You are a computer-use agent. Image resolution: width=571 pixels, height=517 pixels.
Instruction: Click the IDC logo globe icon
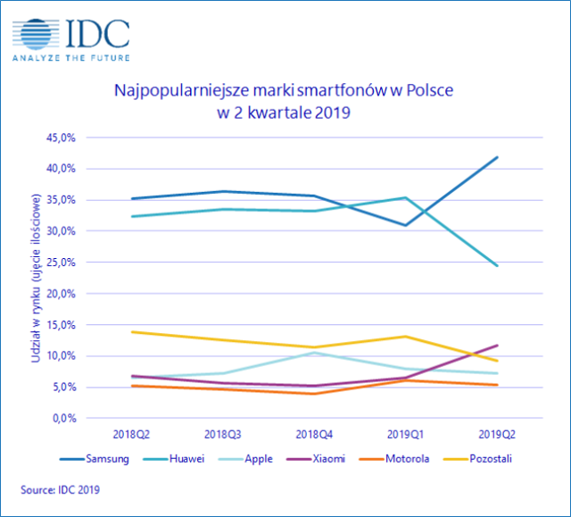tap(35, 33)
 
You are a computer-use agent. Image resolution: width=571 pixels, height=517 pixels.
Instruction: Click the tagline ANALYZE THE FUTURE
tap(70, 58)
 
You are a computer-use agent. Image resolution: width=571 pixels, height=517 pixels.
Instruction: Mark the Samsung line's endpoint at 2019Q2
tap(497, 157)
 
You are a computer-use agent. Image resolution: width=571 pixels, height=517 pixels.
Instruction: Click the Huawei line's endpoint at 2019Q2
tap(497, 266)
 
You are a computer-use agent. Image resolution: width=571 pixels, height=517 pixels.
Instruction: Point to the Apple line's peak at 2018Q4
tap(312, 353)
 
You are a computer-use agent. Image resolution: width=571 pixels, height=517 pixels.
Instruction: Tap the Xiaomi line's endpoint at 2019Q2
tap(497, 345)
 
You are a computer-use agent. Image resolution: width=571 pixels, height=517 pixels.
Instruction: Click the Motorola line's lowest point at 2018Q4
tap(312, 394)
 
